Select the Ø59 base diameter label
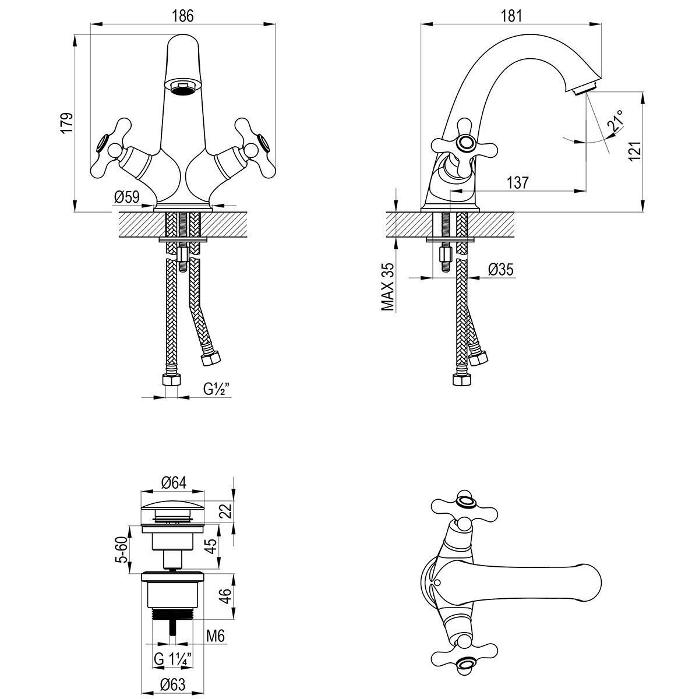tap(127, 197)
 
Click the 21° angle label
tap(615, 120)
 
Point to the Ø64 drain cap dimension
tap(173, 483)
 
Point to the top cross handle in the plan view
tap(464, 504)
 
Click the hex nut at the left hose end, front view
tap(171, 381)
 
